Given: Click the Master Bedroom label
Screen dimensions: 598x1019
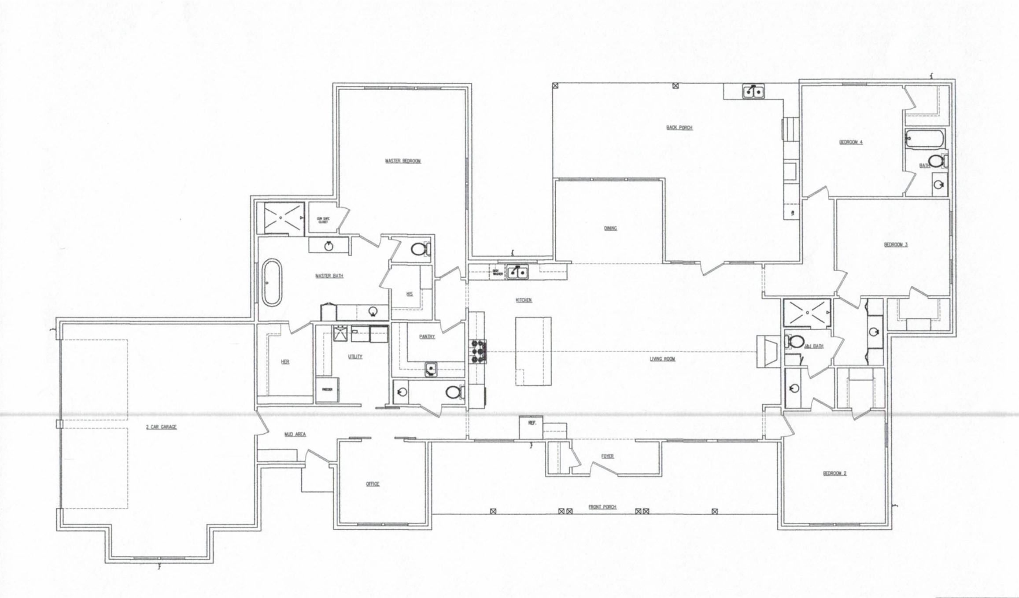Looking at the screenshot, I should click(x=403, y=161).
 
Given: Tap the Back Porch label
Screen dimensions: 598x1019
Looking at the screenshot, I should click(x=679, y=128).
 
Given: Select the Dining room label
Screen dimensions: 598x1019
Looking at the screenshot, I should click(x=610, y=228).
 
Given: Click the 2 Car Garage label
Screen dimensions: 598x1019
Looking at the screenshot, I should click(x=161, y=427).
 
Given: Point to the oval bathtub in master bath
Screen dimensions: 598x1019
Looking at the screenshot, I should click(x=272, y=282).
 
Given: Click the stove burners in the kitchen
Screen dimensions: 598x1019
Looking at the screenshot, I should click(x=479, y=351).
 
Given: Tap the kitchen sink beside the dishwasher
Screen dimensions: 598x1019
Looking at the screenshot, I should click(x=517, y=272).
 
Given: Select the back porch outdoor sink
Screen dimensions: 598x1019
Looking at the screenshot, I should click(x=753, y=92).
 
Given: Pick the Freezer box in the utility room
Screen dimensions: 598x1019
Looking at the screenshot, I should click(x=327, y=390).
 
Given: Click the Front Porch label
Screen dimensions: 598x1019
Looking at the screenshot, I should click(x=602, y=507).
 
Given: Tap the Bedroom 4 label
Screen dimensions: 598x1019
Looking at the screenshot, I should click(x=851, y=142).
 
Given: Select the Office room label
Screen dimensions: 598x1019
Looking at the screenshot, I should click(x=373, y=484).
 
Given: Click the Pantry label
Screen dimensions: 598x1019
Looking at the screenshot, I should click(x=427, y=337).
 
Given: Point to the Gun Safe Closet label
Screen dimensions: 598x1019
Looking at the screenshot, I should click(x=323, y=220).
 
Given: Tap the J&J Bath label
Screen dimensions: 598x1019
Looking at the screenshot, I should click(x=814, y=347).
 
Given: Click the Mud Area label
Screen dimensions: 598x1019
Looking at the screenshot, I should click(x=295, y=435).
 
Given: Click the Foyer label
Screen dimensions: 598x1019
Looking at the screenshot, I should click(x=607, y=457).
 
